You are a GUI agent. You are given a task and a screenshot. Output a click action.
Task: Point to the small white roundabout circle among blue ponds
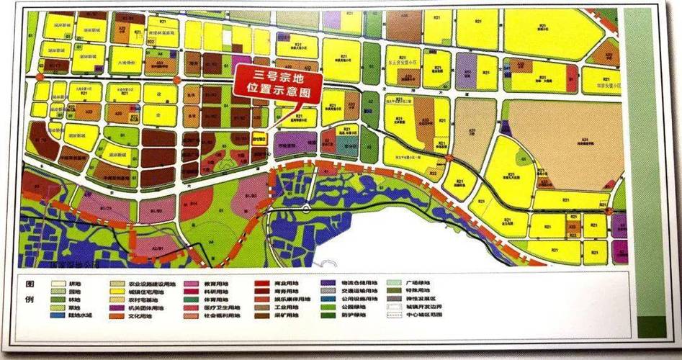pyautogui.click(x=305, y=210)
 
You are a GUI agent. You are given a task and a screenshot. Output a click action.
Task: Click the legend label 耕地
pyautogui.click(x=73, y=284)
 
